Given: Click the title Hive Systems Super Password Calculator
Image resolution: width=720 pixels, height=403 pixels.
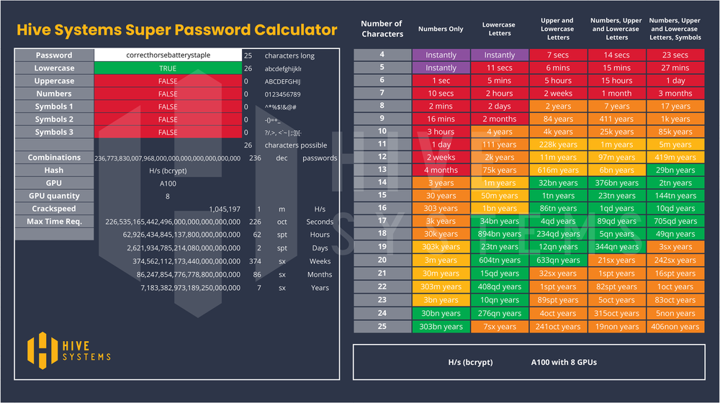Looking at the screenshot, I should (x=176, y=30).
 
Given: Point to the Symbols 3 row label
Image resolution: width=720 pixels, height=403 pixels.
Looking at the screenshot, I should (x=54, y=132).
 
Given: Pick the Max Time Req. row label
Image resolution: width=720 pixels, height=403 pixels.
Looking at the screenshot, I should (x=54, y=222).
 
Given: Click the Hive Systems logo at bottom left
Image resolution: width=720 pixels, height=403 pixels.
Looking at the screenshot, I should (x=69, y=348).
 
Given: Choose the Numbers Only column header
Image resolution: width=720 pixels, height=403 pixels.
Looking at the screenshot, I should (x=441, y=30).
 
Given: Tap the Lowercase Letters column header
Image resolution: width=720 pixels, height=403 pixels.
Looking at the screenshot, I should (x=499, y=30).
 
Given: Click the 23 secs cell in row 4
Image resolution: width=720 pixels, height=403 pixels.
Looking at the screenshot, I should (x=675, y=55).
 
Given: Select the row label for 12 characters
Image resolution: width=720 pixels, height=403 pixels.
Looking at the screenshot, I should (x=382, y=157).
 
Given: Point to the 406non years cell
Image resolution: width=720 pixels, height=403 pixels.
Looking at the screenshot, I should (x=675, y=327).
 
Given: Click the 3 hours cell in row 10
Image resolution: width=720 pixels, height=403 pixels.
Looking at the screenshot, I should (x=441, y=132).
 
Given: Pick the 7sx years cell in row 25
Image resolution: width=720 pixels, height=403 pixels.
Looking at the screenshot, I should (x=499, y=327).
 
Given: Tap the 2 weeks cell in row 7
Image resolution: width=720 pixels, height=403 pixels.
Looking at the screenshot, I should (x=558, y=94).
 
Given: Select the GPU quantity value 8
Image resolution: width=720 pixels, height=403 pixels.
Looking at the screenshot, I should (x=168, y=196).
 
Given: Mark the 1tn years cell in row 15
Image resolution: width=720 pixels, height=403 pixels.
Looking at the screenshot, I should (x=558, y=196).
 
